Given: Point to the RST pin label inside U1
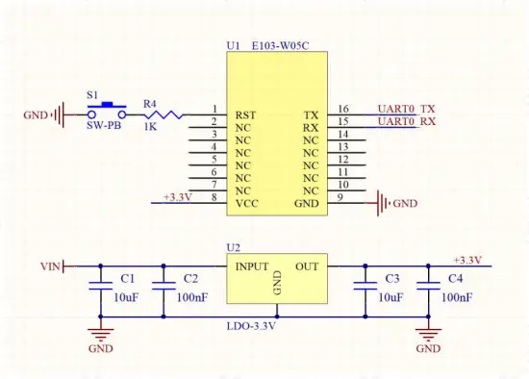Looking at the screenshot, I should coord(245,114).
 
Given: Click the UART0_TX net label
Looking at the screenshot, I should coord(406,109).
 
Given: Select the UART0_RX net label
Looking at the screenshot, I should coord(406,121).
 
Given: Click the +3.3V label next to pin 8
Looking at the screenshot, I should coord(177,197).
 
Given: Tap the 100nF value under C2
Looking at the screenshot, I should coord(192,298).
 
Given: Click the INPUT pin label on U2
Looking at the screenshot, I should coord(253,265).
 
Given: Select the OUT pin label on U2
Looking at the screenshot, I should coord(307,265).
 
